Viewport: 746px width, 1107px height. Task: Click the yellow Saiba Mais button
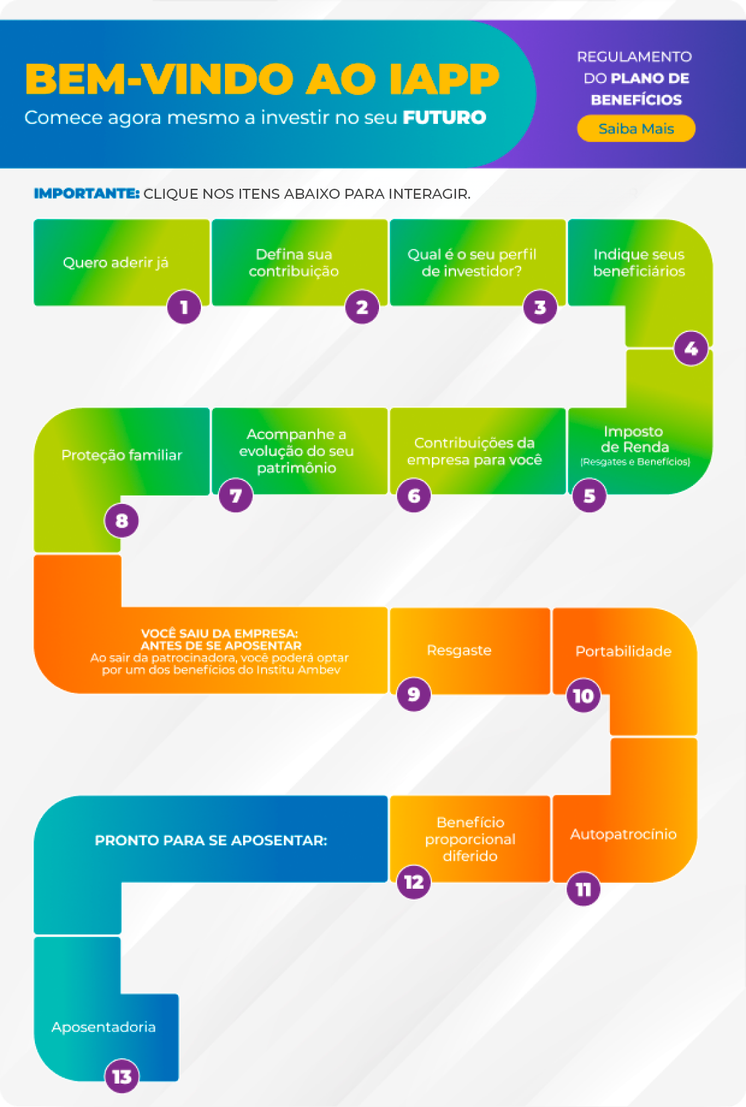(x=636, y=129)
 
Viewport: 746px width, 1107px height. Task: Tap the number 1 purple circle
(x=184, y=307)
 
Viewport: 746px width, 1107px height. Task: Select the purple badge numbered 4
(x=690, y=349)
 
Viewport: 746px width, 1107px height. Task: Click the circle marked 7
(x=236, y=495)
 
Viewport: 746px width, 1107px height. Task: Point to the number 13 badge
(x=122, y=1076)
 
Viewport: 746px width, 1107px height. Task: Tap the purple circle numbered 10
(x=583, y=695)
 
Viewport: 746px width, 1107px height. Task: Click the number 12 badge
(x=414, y=882)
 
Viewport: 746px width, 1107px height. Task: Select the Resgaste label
(x=459, y=651)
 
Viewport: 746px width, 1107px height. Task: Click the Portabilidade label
(x=623, y=651)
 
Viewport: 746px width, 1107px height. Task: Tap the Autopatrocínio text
(x=623, y=834)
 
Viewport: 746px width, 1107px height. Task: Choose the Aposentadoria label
(x=104, y=1027)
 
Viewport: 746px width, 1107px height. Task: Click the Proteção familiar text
(x=122, y=455)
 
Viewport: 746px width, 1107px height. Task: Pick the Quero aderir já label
(x=116, y=262)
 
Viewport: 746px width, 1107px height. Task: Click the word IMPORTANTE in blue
(x=86, y=193)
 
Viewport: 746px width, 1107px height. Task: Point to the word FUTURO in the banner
(x=445, y=118)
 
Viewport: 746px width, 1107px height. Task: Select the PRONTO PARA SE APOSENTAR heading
(x=211, y=840)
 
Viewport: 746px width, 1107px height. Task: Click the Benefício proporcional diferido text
(x=470, y=839)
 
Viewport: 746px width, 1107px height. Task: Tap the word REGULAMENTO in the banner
(x=634, y=57)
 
